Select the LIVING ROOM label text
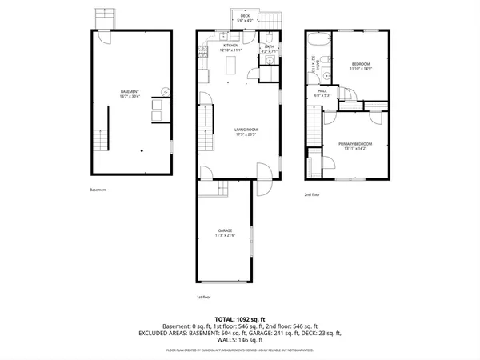click(x=245, y=130)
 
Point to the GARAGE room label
click(x=224, y=233)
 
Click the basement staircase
click(x=98, y=143)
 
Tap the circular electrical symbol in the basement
click(x=166, y=91)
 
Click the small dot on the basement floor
click(x=142, y=150)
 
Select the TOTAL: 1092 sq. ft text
click(x=239, y=318)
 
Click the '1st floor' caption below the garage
click(x=204, y=297)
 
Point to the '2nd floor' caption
click(x=311, y=194)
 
